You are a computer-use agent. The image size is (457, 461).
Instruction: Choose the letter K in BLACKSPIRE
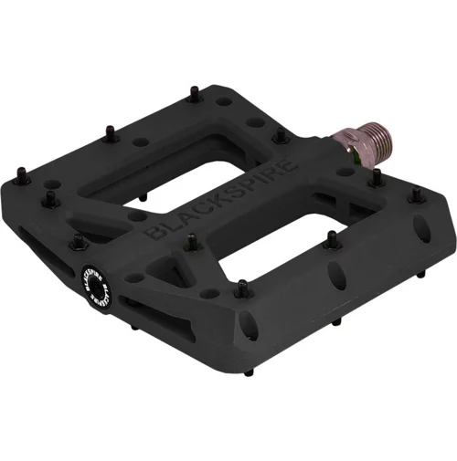215,205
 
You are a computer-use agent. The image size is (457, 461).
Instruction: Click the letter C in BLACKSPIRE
200,214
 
